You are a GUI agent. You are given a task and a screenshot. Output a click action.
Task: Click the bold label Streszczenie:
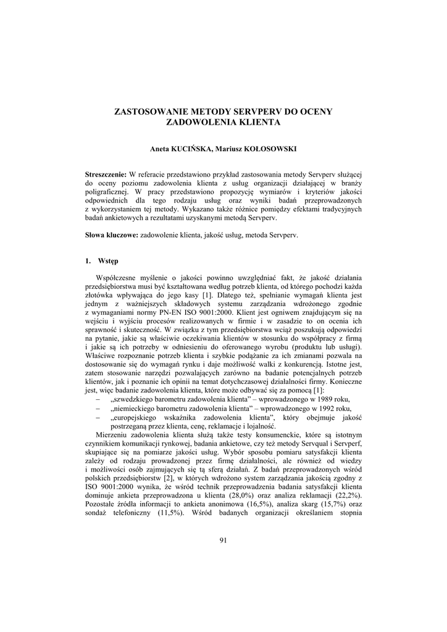pos(106,175)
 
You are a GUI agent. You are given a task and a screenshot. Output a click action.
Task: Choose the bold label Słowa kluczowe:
pos(112,235)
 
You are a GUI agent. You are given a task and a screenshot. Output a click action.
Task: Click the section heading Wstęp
pos(108,261)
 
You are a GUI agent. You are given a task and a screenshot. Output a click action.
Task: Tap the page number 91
pos(223,541)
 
